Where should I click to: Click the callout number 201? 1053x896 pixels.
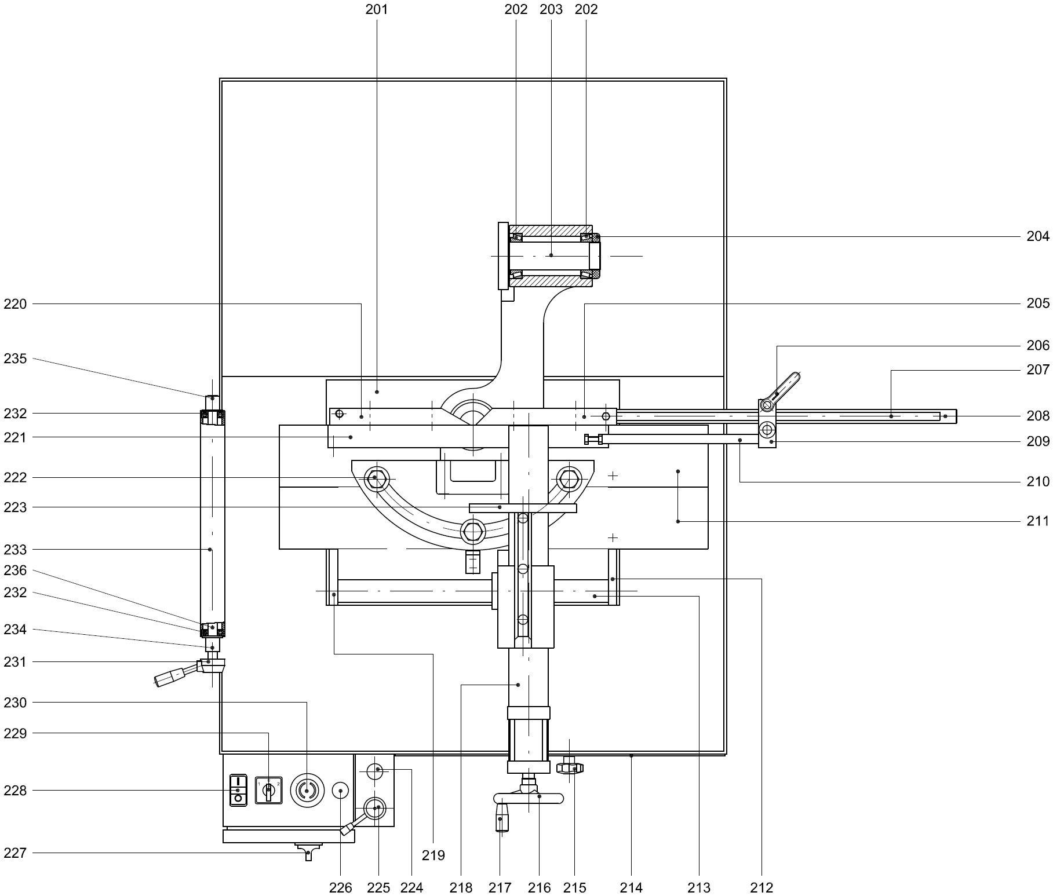pos(377,9)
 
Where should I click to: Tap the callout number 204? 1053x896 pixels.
pos(1038,236)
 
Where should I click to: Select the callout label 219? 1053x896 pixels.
pos(433,855)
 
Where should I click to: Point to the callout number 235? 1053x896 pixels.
pos(15,359)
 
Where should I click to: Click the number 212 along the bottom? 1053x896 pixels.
pos(761,887)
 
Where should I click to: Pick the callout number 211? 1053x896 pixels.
pos(1038,521)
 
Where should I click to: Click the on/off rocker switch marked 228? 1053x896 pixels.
pos(238,789)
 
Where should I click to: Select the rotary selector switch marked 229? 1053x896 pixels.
pos(268,790)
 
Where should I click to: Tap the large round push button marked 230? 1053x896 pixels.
pos(307,790)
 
